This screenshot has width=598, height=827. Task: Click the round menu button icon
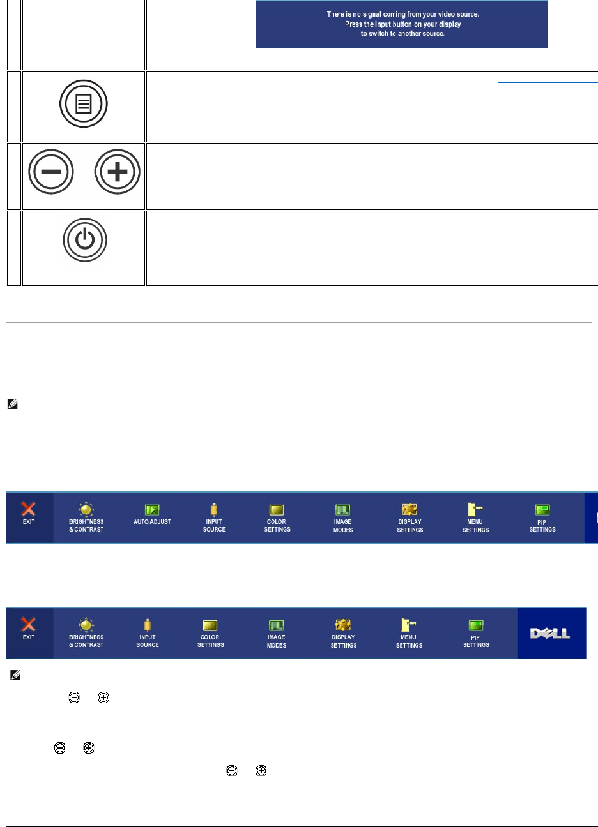click(x=84, y=104)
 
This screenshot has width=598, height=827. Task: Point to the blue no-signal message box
click(x=401, y=24)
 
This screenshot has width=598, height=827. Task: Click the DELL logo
click(x=550, y=633)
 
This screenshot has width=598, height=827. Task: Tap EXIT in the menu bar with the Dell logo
click(x=29, y=632)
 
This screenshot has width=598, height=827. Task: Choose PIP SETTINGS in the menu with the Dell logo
click(x=476, y=633)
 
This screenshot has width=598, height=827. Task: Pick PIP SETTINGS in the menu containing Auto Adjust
click(x=542, y=518)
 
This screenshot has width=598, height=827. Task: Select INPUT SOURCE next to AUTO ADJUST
click(x=214, y=518)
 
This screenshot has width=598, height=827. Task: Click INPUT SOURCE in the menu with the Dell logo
click(x=148, y=633)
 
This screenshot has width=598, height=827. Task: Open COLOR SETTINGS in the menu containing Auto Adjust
click(x=277, y=518)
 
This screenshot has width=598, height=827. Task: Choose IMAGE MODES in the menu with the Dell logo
click(x=277, y=633)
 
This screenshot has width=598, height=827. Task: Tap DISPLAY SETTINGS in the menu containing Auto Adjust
click(x=410, y=518)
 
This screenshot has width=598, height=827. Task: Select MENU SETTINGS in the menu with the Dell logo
click(x=409, y=633)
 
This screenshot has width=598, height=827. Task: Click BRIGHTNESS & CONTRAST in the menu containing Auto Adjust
click(x=86, y=518)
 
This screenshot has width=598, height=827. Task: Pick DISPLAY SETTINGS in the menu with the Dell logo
click(x=344, y=633)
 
